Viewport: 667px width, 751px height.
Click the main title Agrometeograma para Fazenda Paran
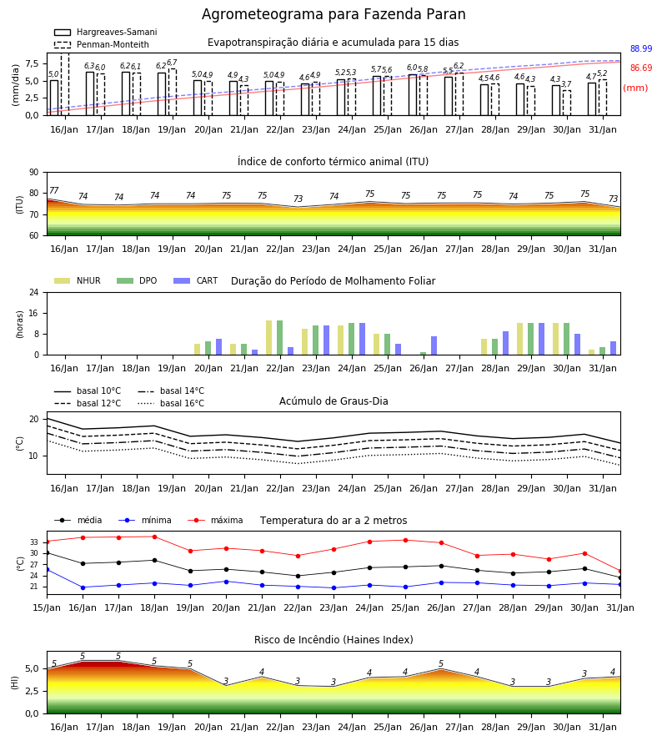[x=333, y=14]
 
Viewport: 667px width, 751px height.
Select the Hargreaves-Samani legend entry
[x=106, y=32]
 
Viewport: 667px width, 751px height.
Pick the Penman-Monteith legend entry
[x=102, y=44]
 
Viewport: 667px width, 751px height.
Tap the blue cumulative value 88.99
[x=641, y=48]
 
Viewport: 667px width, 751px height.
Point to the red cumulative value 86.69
[x=641, y=68]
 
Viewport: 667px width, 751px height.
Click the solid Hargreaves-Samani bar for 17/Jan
[x=90, y=93]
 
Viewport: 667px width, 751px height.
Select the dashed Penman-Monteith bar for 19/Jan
[x=173, y=92]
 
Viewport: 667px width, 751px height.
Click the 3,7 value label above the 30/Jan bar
[x=566, y=84]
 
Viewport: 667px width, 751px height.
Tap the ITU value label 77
[x=53, y=190]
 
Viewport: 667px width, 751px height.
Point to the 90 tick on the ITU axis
[x=34, y=173]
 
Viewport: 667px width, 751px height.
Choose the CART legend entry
[x=196, y=280]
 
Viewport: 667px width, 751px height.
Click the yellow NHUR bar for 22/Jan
[x=269, y=338]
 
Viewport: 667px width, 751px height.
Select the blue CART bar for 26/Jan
[x=434, y=345]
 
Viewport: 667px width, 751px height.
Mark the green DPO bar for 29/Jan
[x=530, y=339]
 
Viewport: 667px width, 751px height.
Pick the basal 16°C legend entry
[x=171, y=403]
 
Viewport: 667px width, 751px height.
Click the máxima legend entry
[x=215, y=520]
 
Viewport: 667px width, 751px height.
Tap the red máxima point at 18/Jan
[x=154, y=537]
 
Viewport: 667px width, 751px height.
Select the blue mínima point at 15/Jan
[x=47, y=569]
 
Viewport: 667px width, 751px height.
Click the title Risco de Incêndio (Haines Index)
[x=333, y=640]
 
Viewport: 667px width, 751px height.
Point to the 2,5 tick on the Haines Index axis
[x=33, y=691]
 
